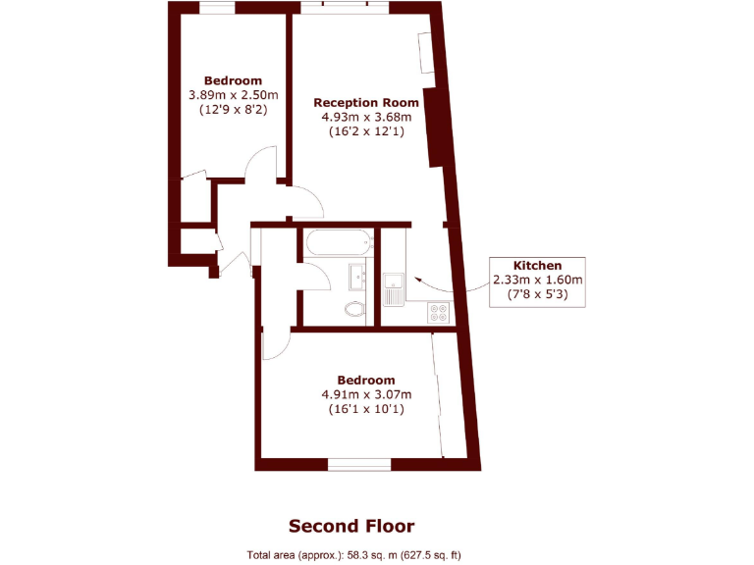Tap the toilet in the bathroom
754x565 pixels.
click(355, 310)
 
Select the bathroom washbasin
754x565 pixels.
click(359, 278)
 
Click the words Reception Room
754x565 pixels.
click(366, 102)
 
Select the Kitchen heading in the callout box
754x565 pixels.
click(538, 265)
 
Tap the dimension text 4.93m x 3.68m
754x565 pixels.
click(366, 117)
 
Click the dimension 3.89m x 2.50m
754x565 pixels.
click(234, 95)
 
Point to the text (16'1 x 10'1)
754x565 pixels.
click(366, 409)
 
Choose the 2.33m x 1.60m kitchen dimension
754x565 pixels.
click(538, 279)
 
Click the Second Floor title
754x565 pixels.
click(357, 526)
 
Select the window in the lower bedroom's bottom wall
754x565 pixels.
click(359, 464)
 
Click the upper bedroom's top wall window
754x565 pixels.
click(217, 8)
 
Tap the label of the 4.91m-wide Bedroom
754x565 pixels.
click(366, 380)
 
